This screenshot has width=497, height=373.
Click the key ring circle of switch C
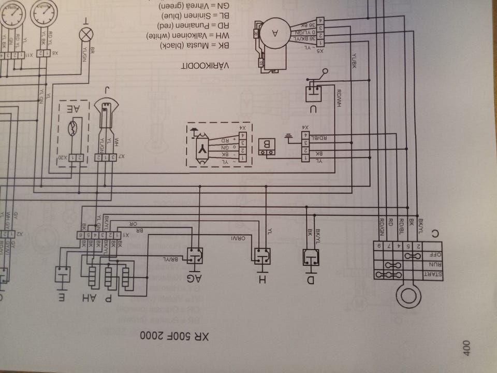[x=409, y=295]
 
